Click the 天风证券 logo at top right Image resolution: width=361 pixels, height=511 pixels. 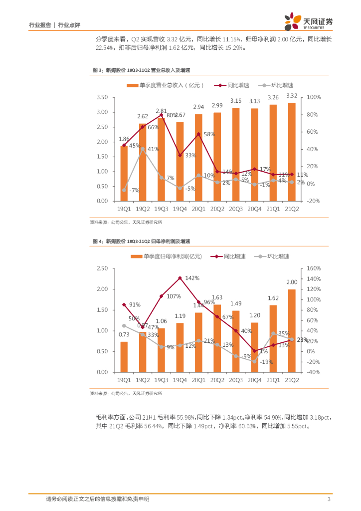[x=309, y=20]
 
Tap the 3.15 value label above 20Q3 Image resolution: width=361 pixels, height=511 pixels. [x=236, y=101]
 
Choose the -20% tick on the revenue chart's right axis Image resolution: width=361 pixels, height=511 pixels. [x=313, y=201]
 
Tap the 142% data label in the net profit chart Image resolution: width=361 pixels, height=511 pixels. [x=192, y=277]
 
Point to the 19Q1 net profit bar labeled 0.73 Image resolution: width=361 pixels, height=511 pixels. [x=124, y=357]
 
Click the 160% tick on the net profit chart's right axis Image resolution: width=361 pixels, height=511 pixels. [x=314, y=268]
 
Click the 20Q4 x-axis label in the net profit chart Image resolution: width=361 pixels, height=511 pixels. [x=255, y=380]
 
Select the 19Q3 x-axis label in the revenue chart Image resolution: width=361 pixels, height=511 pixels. [x=161, y=209]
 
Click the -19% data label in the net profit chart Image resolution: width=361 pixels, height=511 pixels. [x=267, y=362]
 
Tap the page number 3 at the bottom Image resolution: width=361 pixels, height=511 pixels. [x=329, y=499]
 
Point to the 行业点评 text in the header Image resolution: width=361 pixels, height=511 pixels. [x=69, y=24]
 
